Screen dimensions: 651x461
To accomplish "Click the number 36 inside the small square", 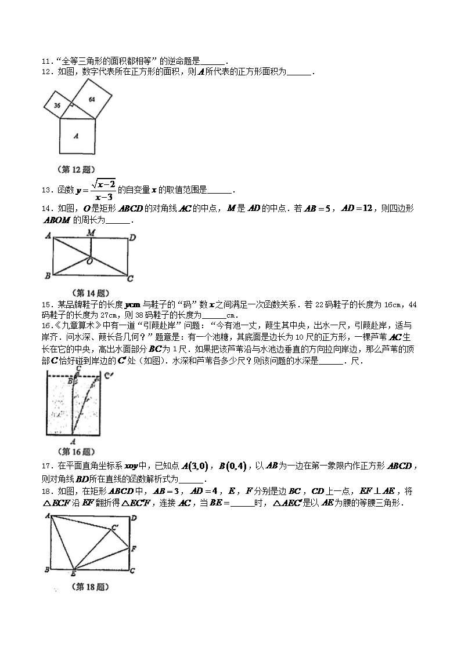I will click(57, 106).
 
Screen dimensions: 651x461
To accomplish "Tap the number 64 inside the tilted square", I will click(92, 99).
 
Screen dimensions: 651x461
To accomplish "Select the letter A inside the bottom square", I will click(77, 136).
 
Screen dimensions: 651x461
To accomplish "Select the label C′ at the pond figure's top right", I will click(107, 376).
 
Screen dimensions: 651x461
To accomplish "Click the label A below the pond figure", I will click(72, 441).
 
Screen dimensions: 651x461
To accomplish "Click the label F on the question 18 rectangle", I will click(134, 548).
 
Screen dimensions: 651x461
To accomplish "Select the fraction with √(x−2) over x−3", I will click(101, 190).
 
